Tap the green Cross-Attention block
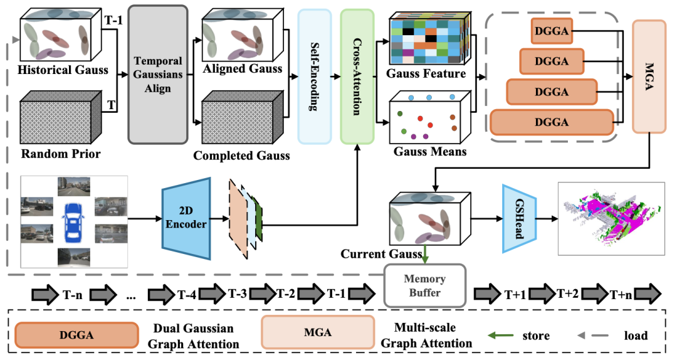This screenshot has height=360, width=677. pyautogui.click(x=357, y=76)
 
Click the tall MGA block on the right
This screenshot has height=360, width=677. pyautogui.click(x=649, y=76)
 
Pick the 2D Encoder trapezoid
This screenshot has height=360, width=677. pyautogui.click(x=186, y=218)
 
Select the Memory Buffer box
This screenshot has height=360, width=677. pyautogui.click(x=425, y=285)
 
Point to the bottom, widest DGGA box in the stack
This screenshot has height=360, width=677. pyautogui.click(x=552, y=122)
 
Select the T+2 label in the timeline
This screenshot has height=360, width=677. pyautogui.click(x=569, y=294)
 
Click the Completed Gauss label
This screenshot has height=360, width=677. pyautogui.click(x=242, y=155)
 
